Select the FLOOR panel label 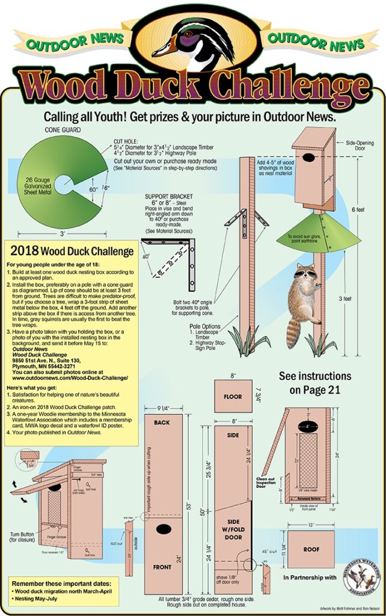coord(233,397)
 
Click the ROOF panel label coord(311,549)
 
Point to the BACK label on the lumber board coord(162,423)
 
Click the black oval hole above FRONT coord(163,530)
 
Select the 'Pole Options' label coord(204,326)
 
